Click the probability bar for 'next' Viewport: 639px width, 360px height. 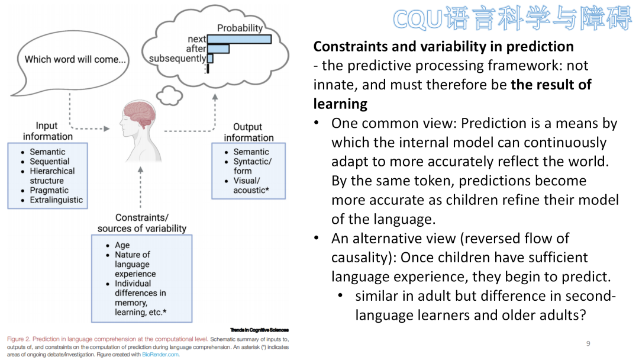[x=239, y=39]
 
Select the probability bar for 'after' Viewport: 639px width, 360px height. [x=218, y=49]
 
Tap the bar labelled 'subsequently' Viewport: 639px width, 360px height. [x=210, y=59]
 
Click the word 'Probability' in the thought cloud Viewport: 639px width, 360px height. [x=240, y=28]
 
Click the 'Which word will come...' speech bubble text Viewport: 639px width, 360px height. [x=75, y=59]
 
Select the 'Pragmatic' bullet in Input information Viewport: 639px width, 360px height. [x=49, y=191]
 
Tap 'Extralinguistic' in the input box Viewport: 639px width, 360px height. [x=56, y=200]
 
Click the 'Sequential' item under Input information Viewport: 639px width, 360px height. [x=50, y=162]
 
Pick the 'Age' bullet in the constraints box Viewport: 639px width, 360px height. [x=122, y=245]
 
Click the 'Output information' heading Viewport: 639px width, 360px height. [x=248, y=132]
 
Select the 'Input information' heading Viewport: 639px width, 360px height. [x=47, y=131]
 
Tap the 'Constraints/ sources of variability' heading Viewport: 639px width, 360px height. [x=142, y=223]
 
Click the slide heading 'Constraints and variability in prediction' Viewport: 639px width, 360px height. [x=443, y=46]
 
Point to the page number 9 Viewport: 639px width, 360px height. [x=588, y=344]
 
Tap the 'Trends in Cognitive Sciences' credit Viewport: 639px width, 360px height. [x=259, y=330]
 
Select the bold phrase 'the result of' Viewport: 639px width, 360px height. [x=551, y=85]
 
